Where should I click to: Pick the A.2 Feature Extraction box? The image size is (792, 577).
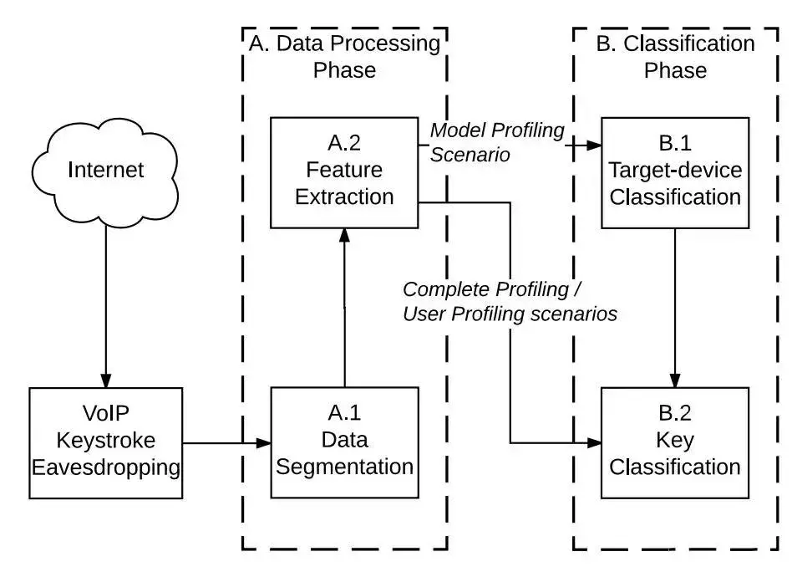344,172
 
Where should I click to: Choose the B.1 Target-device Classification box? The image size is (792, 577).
675,172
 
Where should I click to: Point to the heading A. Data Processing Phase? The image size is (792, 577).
344,56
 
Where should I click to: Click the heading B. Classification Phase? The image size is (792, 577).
675,56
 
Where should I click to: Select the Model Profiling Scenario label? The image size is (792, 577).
496,142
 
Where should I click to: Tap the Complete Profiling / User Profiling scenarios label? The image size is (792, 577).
510,302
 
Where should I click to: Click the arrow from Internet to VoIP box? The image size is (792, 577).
105,301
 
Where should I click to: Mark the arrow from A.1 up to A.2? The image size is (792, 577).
344,309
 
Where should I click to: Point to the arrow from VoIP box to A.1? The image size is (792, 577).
226,442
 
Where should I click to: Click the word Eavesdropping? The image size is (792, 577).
105,467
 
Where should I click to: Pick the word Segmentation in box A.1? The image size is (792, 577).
344,467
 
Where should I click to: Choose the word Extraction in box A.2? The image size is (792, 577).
344,197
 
